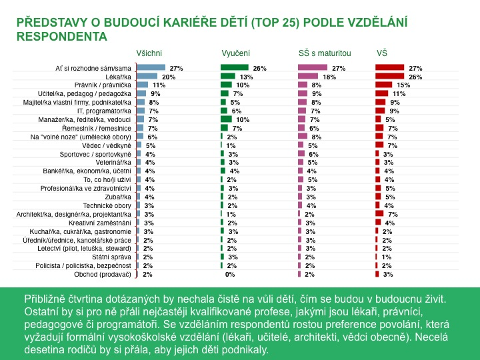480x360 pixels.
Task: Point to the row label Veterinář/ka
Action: [x=115, y=162]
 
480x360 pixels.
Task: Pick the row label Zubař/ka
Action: [x=119, y=197]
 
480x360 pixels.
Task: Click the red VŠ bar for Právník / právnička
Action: [x=384, y=85]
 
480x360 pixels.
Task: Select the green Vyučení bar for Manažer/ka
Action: [x=226, y=119]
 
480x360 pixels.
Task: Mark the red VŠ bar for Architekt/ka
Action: [x=379, y=214]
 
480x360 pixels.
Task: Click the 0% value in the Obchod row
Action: [x=230, y=274]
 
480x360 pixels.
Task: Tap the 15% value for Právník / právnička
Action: [x=403, y=85]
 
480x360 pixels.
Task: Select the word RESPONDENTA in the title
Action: [x=61, y=37]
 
